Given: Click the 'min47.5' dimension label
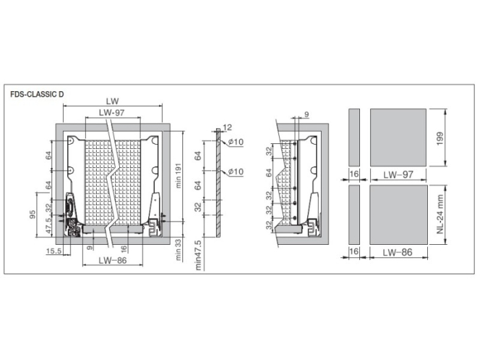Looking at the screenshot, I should tap(199, 255).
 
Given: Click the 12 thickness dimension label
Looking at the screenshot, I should tap(228, 128).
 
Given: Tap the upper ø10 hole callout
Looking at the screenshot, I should tap(235, 142).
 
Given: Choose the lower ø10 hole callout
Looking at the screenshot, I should tap(235, 171).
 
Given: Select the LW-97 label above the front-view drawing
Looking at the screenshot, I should tap(111, 112).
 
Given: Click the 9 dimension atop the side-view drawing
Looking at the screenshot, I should tap(306, 114).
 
